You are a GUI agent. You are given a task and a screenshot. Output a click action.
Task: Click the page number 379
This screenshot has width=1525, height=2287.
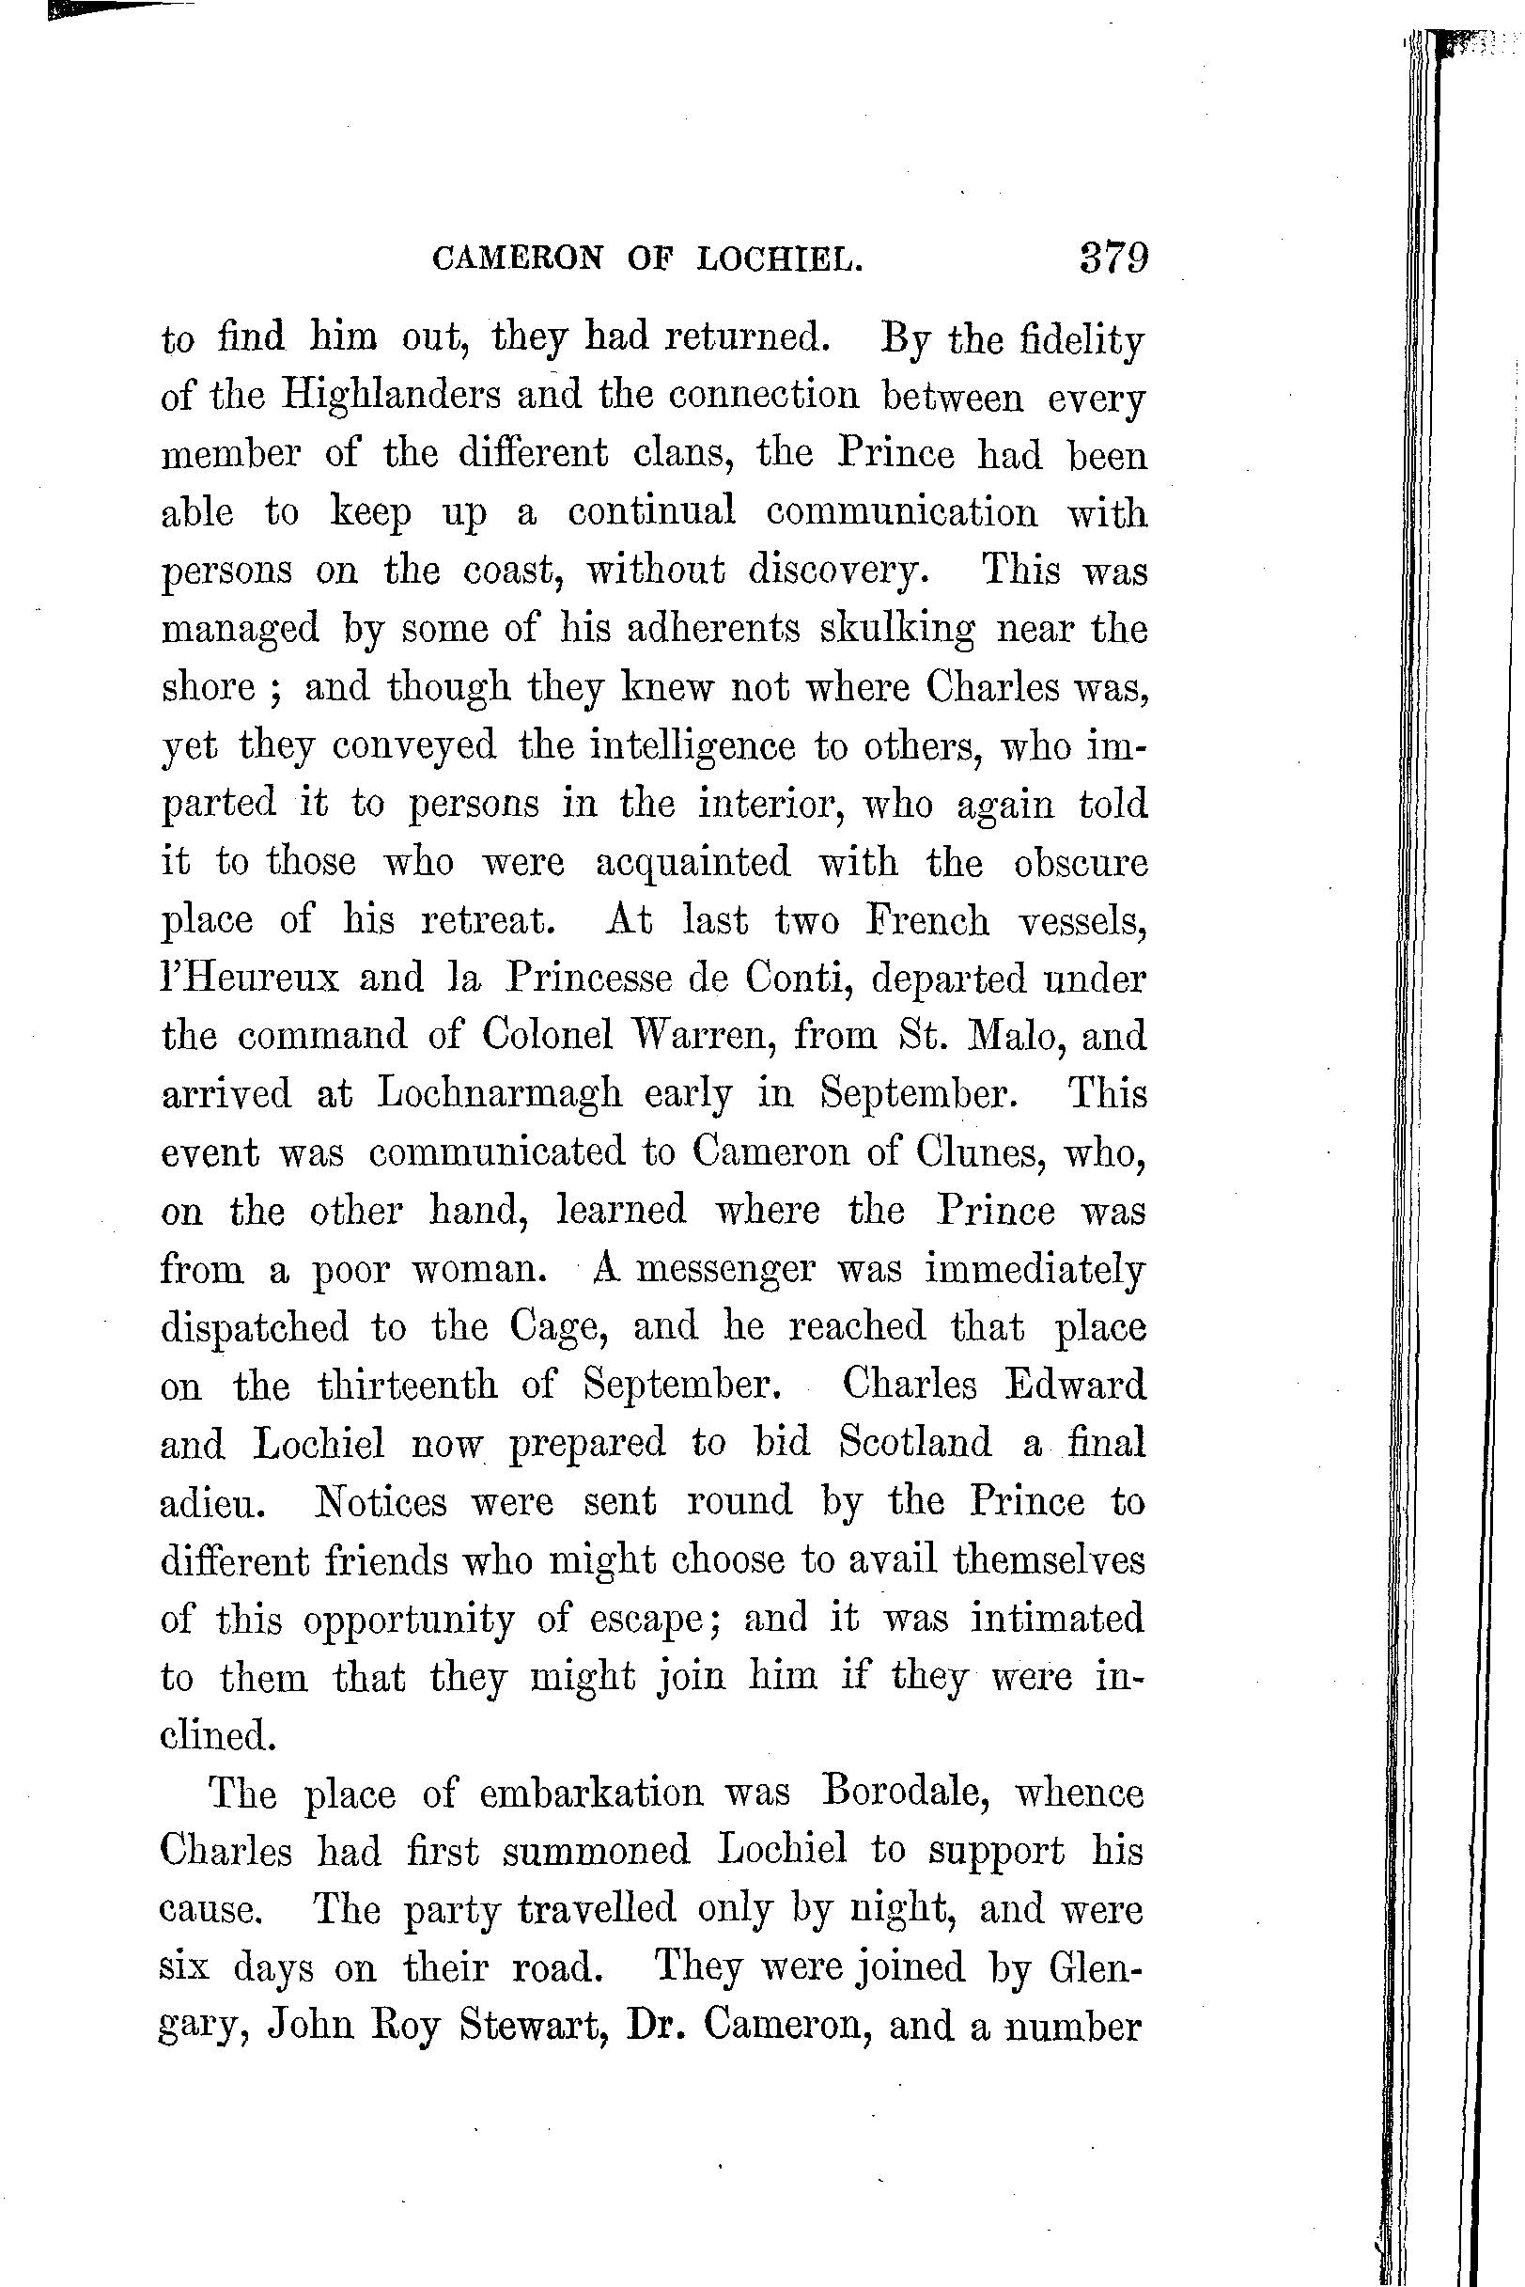tap(1113, 258)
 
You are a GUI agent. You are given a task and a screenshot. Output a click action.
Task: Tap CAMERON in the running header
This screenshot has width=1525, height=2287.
tap(518, 258)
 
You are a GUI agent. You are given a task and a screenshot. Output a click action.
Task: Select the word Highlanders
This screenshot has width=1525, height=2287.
tap(392, 397)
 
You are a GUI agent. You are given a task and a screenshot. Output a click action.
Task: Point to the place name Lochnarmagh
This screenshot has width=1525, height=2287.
tap(499, 1093)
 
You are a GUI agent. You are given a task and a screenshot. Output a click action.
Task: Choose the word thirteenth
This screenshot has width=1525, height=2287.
tap(408, 1385)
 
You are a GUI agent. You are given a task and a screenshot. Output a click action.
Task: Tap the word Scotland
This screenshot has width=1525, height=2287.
tap(915, 1442)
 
